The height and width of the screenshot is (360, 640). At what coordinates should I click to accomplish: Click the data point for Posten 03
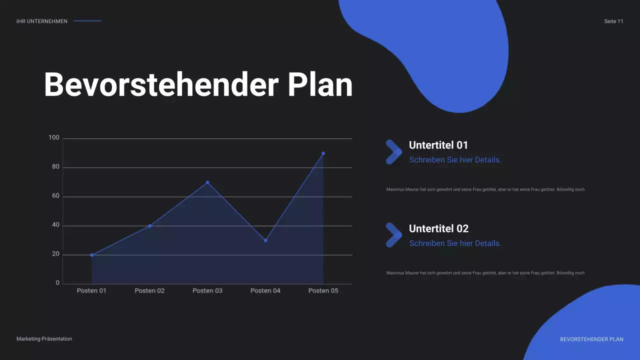point(207,182)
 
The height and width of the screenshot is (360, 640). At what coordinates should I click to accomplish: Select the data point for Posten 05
point(323,153)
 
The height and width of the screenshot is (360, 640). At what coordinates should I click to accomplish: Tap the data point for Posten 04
point(265,240)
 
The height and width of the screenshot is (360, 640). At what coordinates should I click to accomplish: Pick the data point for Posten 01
point(92,255)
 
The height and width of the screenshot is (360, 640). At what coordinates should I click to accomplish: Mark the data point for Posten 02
point(149,226)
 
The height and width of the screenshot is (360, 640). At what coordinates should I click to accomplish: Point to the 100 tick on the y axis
point(54,137)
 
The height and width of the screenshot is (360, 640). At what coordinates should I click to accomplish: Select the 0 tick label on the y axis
point(57,283)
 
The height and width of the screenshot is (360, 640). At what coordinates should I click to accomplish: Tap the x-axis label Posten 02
point(149,290)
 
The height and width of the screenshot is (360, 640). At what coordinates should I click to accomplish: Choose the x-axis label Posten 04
point(265,290)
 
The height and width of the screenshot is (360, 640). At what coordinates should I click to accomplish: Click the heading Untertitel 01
point(438,145)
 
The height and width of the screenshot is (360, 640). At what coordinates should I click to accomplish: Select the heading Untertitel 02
point(438,228)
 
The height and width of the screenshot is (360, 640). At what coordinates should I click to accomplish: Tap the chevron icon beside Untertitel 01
point(393,152)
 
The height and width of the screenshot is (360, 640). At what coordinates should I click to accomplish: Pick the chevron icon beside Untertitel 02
point(393,235)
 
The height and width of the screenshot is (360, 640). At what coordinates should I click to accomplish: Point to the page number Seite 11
point(613,21)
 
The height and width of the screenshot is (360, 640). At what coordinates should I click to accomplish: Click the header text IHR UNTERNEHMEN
point(42,21)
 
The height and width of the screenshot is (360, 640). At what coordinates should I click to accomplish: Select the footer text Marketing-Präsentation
point(44,339)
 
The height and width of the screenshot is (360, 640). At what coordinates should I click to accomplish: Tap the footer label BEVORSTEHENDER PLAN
point(591,339)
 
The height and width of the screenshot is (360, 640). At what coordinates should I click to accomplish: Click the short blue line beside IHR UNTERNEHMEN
point(87,21)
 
